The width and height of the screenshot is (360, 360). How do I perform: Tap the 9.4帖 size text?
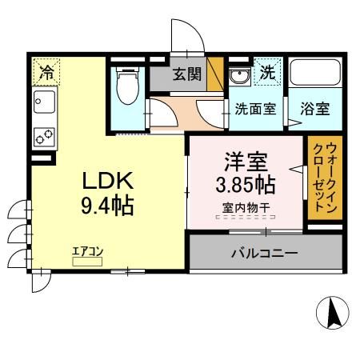click(105, 206)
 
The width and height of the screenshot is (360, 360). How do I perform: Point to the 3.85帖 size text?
click(246, 186)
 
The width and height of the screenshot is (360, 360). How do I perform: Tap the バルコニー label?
click(264, 254)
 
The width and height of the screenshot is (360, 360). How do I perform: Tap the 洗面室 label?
click(255, 110)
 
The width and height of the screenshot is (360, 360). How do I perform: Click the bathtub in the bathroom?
click(314, 75)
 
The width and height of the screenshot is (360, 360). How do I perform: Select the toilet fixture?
click(126, 86)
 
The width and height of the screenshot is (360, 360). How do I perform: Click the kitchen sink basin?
click(43, 102)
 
